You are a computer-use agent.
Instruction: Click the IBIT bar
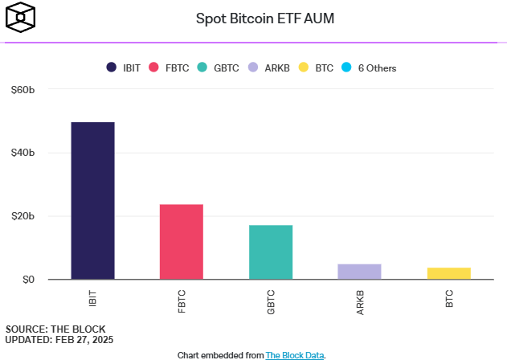point(92,201)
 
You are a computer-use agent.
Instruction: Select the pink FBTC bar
point(182,242)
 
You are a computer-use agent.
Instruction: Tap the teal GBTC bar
point(271,252)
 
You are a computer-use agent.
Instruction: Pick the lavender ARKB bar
point(359,272)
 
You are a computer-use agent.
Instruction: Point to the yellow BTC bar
point(448,273)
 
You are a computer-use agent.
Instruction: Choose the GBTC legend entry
point(217,67)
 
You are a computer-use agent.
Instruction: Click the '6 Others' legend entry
point(369,67)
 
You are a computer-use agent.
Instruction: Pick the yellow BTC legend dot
point(303,67)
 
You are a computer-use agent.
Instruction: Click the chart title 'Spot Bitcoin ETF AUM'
point(254,18)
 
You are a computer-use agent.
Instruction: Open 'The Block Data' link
point(294,354)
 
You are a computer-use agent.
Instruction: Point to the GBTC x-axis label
point(271,301)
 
